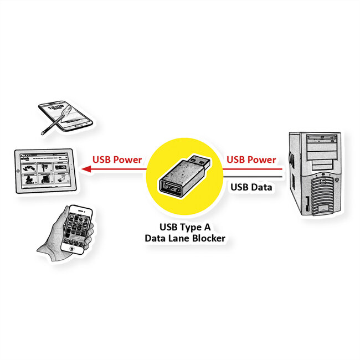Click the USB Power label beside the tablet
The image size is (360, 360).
coord(117,160)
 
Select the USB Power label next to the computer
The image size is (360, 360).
coord(251,160)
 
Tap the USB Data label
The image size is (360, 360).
coord(251,187)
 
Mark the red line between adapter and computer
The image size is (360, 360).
coord(255,168)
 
